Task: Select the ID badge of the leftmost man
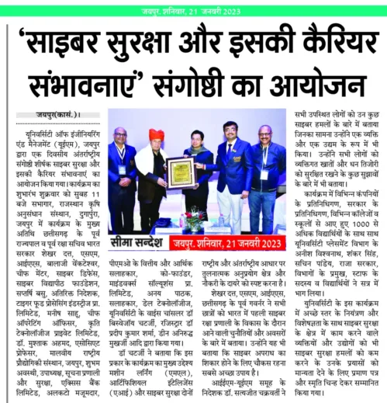click(122, 168)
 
